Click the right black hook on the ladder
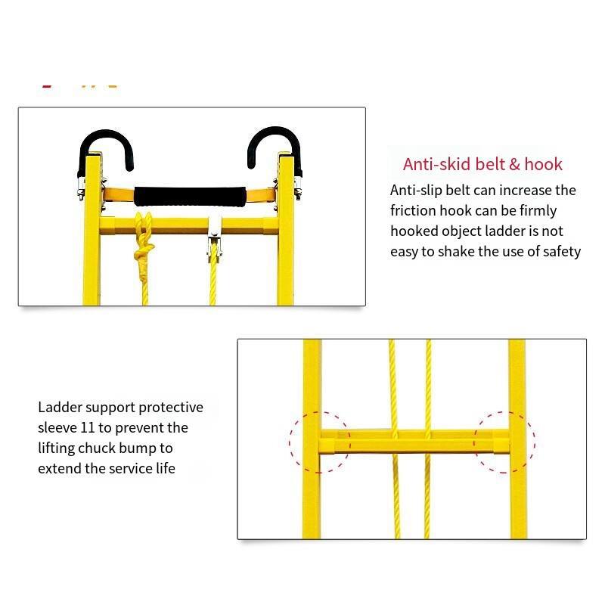point(275,131)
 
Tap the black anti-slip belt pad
point(190,197)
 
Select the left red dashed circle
point(290,442)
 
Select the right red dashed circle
point(535,442)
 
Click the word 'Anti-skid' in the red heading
point(437,164)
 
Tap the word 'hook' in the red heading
point(543,164)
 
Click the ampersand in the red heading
point(515,165)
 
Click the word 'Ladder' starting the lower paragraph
point(60,408)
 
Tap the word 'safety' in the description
point(562,252)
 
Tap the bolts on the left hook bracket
point(81,189)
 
